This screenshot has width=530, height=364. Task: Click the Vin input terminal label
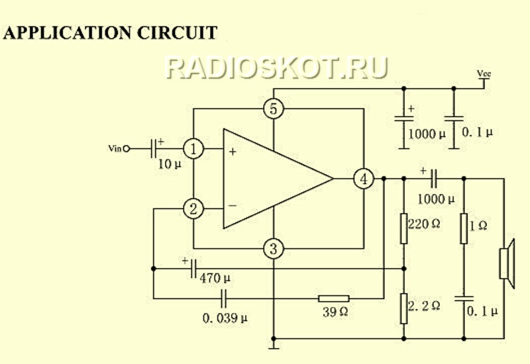(x=115, y=148)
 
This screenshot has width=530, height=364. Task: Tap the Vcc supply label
(x=484, y=73)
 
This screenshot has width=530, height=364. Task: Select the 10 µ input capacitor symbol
(x=153, y=148)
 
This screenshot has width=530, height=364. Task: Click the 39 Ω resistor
(x=334, y=298)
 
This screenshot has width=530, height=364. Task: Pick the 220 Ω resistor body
(x=403, y=228)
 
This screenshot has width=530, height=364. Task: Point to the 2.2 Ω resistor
(x=403, y=308)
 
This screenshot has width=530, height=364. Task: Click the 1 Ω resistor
(x=464, y=228)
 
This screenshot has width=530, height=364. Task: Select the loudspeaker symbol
(x=507, y=263)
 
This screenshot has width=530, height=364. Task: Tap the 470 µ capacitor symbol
(x=193, y=269)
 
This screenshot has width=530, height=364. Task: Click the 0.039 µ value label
(x=225, y=318)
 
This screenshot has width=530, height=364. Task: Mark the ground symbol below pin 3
(x=274, y=345)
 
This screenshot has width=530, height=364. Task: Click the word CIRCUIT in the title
(x=177, y=32)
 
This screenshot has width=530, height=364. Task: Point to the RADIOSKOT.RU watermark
(x=277, y=68)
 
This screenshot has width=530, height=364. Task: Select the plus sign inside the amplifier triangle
(x=233, y=152)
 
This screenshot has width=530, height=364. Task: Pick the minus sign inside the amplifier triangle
(x=233, y=205)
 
